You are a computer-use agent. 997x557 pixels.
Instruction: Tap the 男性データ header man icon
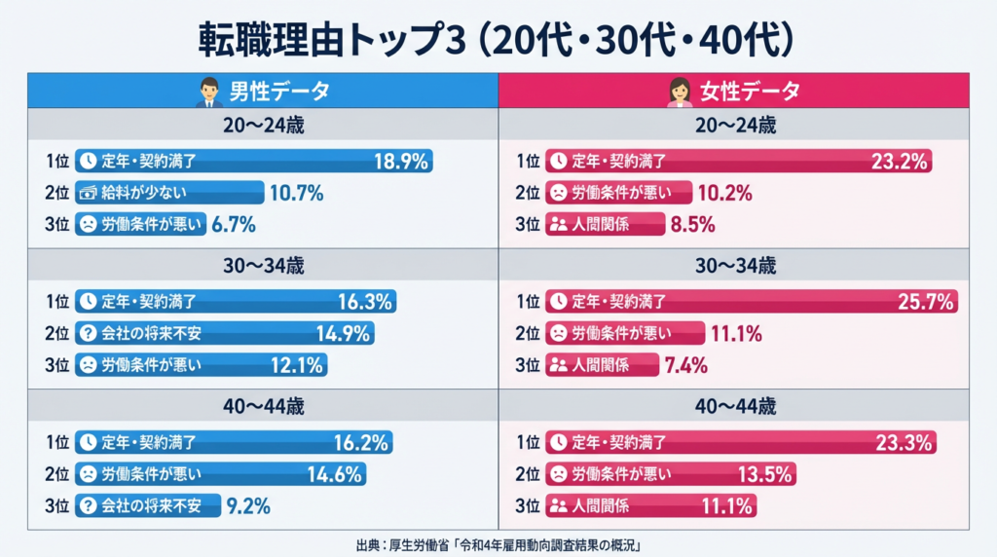(208, 93)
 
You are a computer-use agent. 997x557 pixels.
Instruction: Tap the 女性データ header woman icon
(679, 93)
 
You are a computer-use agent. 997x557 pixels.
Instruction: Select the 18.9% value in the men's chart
(401, 162)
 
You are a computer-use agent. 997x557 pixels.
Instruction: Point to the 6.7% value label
(234, 224)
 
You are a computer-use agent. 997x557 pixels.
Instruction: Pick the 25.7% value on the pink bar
(925, 302)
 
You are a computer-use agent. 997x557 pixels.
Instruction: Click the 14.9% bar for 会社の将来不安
(224, 334)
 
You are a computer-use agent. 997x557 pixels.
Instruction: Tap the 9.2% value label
(247, 505)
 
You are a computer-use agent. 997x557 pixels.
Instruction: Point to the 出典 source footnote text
(498, 543)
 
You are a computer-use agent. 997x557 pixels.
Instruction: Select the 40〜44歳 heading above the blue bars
(263, 406)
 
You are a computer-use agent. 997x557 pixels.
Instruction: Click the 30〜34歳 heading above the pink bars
(734, 265)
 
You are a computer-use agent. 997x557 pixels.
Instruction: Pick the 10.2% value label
(726, 193)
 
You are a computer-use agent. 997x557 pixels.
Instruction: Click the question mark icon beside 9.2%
(88, 505)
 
